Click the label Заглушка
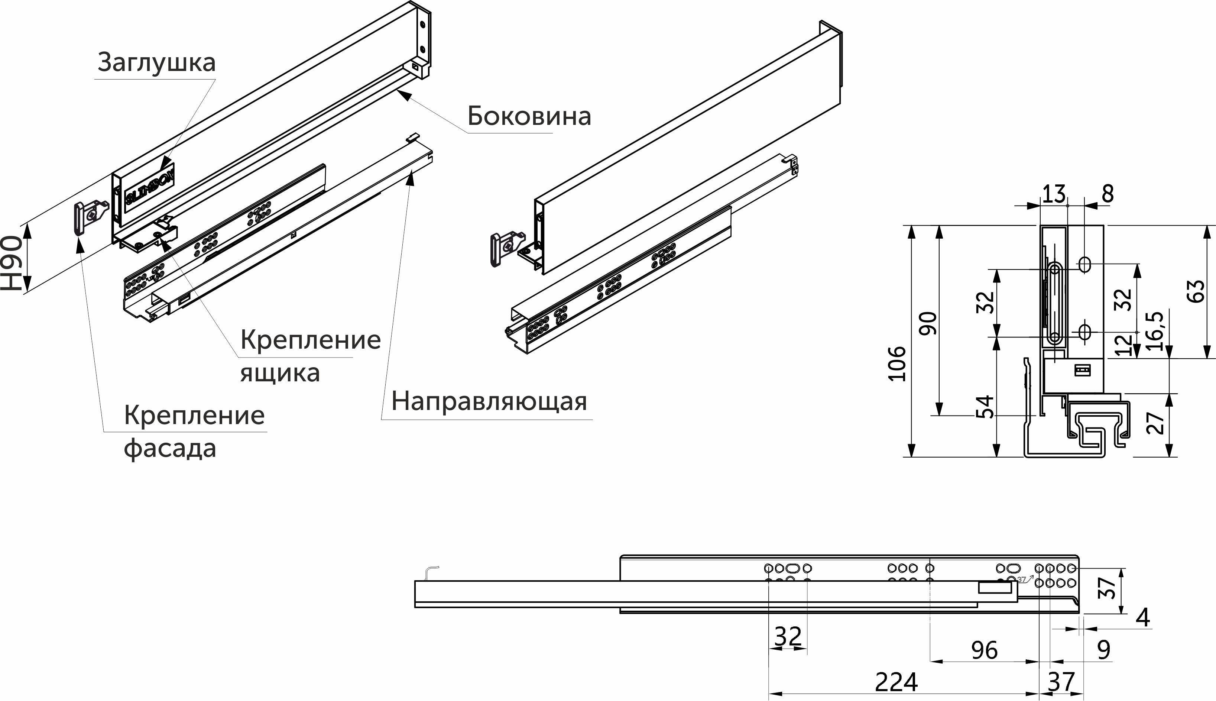pyautogui.click(x=156, y=62)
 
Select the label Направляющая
pyautogui.click(x=489, y=401)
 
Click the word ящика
pyautogui.click(x=280, y=373)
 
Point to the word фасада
pyautogui.click(x=170, y=449)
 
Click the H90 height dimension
pyautogui.click(x=12, y=264)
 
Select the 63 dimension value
pyautogui.click(x=1196, y=291)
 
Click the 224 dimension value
pyautogui.click(x=896, y=682)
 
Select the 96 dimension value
pyautogui.click(x=985, y=651)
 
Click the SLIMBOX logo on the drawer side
pyautogui.click(x=149, y=188)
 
